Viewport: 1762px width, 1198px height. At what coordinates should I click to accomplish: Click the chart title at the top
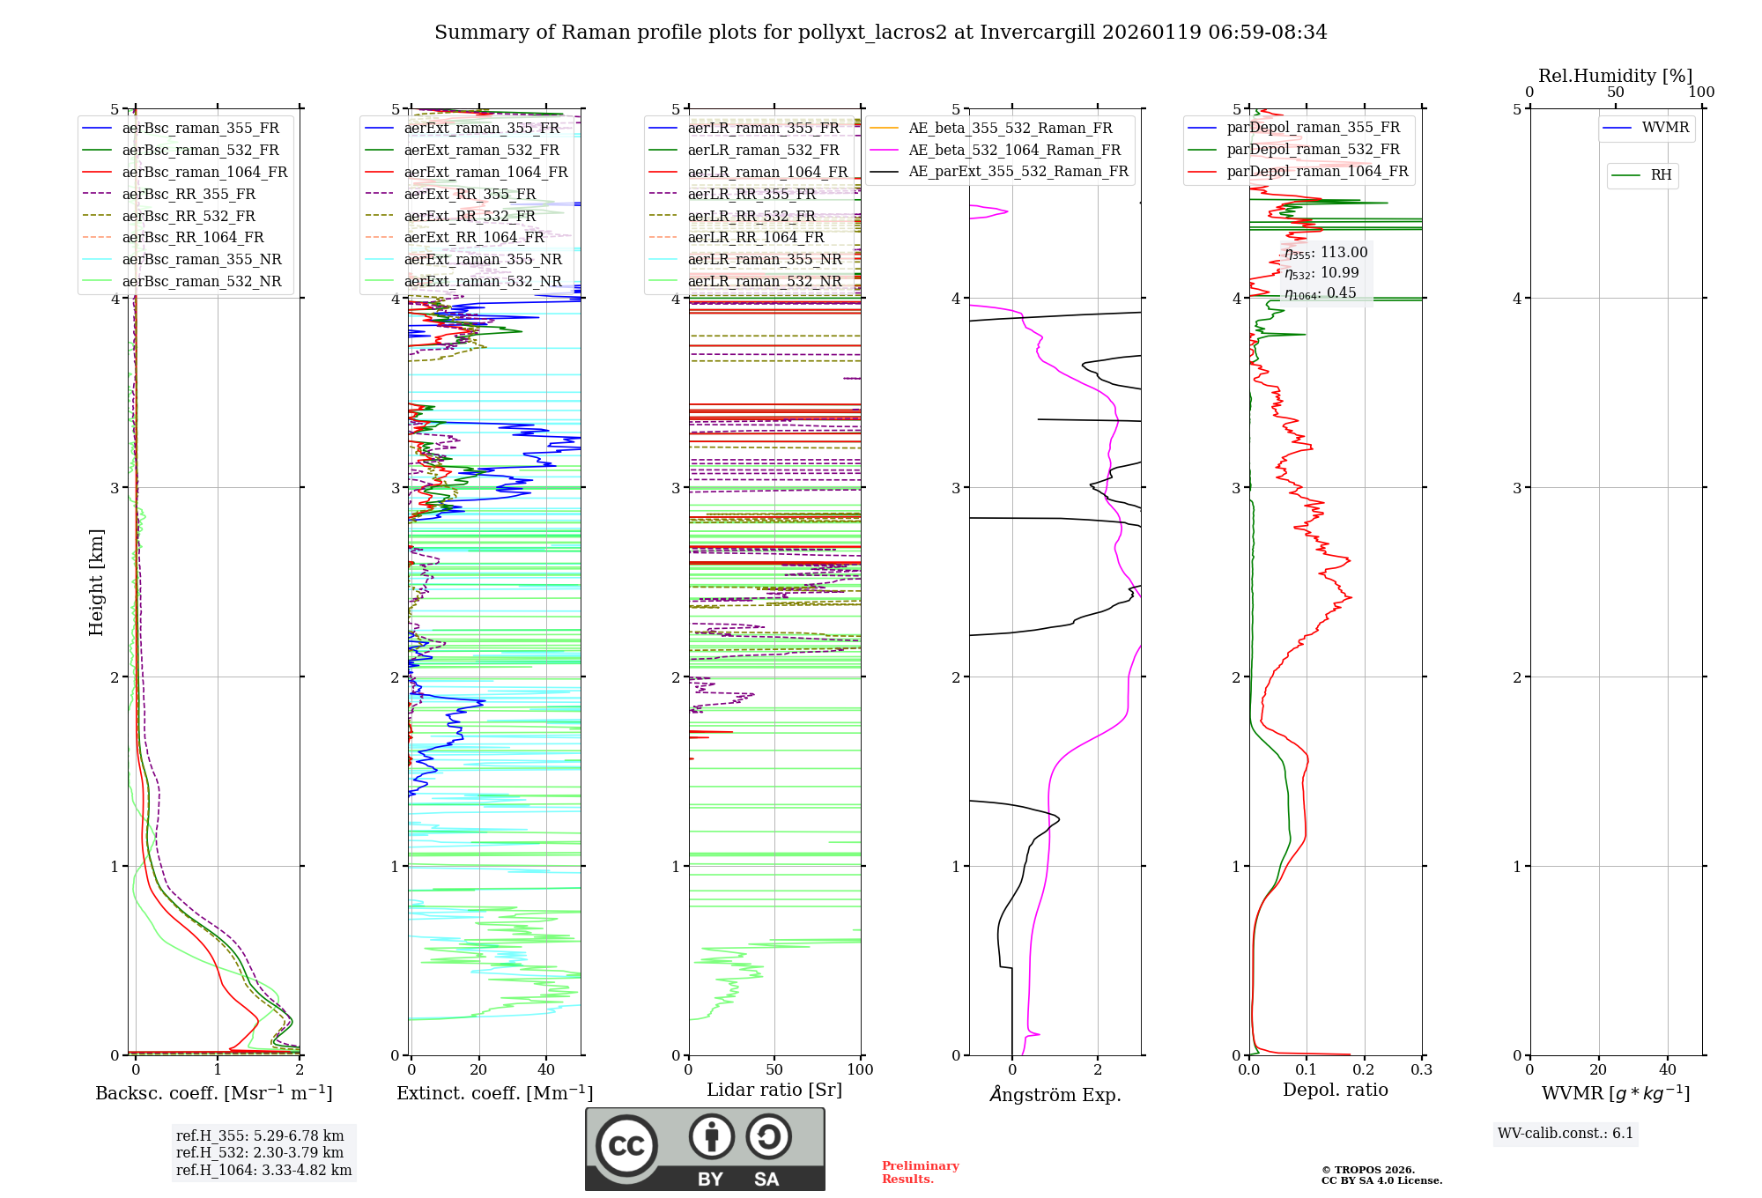(880, 33)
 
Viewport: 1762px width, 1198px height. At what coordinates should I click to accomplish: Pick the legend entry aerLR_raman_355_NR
(764, 259)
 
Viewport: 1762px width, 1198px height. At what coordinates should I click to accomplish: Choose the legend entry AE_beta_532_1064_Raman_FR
(1014, 150)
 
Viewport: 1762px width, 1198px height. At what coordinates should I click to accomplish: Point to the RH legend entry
(1661, 175)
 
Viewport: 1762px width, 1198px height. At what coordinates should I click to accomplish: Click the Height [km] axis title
(96, 582)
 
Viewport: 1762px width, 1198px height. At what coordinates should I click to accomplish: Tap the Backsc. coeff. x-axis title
(214, 1093)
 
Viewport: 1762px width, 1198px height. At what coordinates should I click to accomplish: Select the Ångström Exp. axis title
(1055, 1095)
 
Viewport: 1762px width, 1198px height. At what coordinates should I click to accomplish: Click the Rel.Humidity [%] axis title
(1615, 76)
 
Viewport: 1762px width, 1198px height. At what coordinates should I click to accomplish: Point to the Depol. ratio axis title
(1335, 1090)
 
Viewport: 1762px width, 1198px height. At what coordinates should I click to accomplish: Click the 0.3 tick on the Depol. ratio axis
(1421, 1070)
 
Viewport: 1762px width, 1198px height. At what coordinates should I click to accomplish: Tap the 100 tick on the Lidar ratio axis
(860, 1070)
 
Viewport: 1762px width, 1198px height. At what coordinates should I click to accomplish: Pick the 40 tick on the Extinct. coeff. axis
(546, 1070)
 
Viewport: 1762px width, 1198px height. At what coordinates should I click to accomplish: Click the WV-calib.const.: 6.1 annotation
(1566, 1134)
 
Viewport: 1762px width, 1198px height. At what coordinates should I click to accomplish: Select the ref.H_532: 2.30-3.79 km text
(260, 1153)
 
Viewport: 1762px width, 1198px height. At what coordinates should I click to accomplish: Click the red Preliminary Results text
(920, 1172)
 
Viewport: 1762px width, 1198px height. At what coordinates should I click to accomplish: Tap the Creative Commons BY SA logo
(705, 1149)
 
